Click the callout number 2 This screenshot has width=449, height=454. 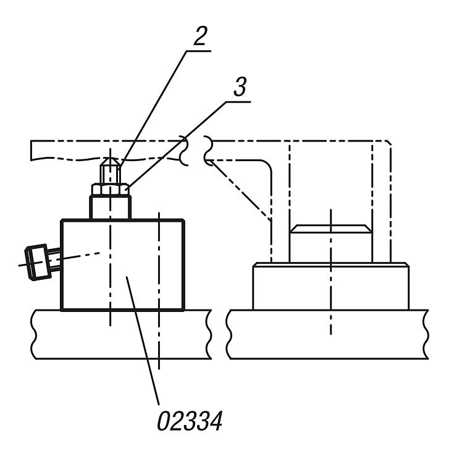coord(200,36)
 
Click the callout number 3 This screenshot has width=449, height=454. coord(240,86)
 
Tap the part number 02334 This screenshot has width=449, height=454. coord(190,421)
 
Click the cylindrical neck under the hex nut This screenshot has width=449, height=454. coord(111,208)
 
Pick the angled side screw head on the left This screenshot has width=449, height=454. coord(37,262)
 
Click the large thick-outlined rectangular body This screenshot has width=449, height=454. coord(122,264)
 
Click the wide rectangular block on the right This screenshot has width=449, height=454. coord(330,286)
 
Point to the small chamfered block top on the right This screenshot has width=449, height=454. coord(330,229)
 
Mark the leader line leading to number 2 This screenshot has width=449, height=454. coord(153,109)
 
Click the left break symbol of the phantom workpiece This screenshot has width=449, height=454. coord(184,151)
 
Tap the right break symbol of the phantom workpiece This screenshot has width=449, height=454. coord(208,151)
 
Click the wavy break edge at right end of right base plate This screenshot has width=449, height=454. coord(426,334)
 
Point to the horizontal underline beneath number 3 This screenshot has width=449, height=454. coord(238,102)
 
